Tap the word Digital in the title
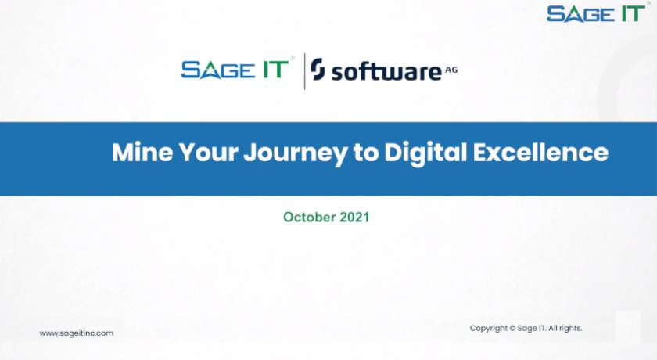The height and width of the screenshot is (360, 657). pyautogui.click(x=425, y=153)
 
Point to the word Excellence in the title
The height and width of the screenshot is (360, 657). pyautogui.click(x=540, y=152)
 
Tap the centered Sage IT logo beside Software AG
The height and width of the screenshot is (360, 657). pyautogui.click(x=238, y=69)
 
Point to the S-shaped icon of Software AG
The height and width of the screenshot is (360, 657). pyautogui.click(x=318, y=70)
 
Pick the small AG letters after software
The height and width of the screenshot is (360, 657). pyautogui.click(x=451, y=69)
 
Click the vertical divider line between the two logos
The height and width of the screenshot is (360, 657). pyautogui.click(x=304, y=70)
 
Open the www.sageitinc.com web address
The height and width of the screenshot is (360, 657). pyautogui.click(x=77, y=333)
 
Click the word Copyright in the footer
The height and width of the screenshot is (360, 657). pyautogui.click(x=488, y=328)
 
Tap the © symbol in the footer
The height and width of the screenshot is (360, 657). pyautogui.click(x=512, y=328)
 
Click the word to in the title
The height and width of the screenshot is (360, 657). pyautogui.click(x=364, y=153)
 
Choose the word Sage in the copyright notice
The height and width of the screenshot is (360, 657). pyautogui.click(x=526, y=328)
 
